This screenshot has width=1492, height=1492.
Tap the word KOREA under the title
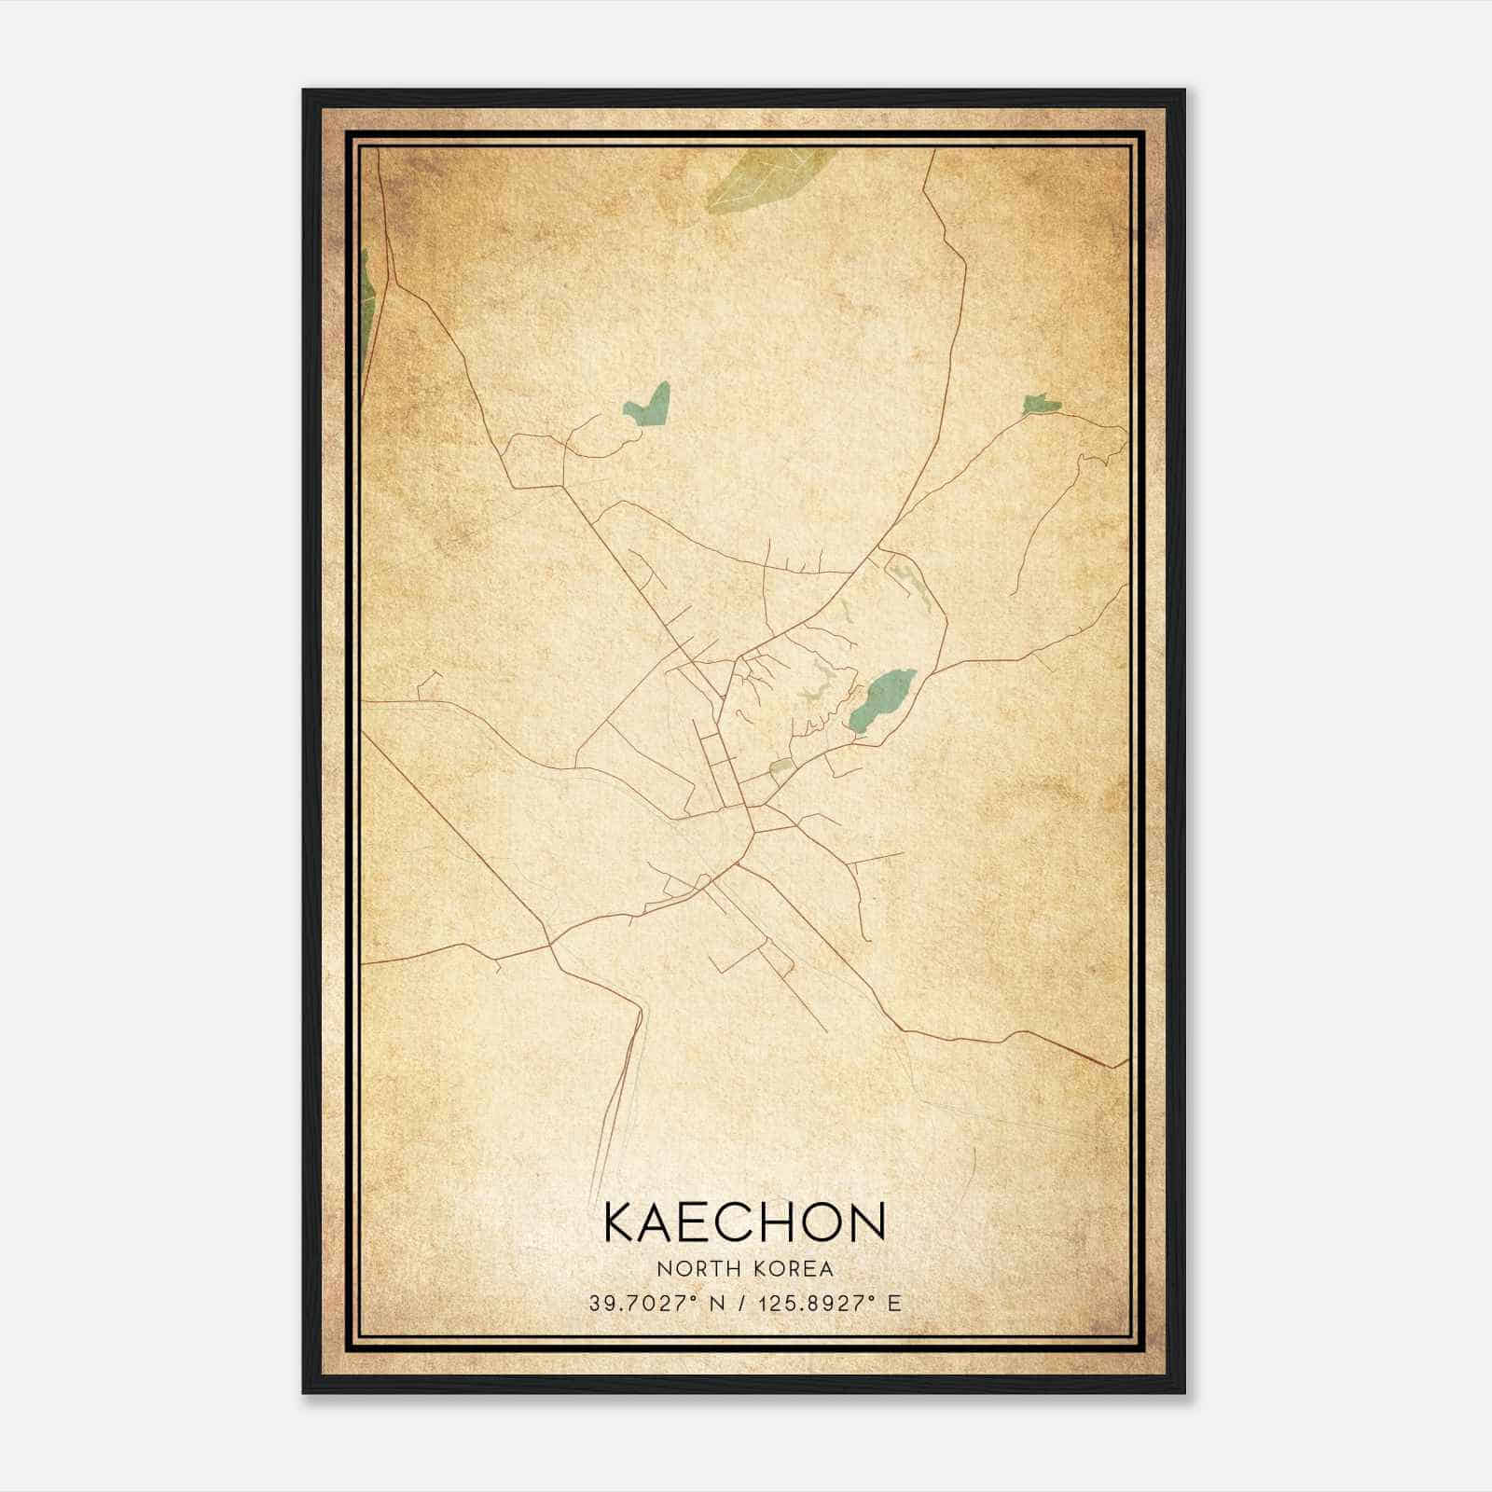click(x=793, y=1268)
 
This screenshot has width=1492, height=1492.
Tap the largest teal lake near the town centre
click(x=880, y=699)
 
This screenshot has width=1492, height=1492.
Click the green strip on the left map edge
click(x=367, y=293)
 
